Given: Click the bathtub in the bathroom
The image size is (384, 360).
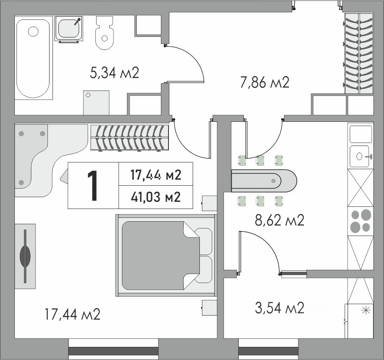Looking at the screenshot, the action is click(x=34, y=58).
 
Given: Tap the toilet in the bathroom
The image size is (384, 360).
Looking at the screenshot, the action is click(x=105, y=33).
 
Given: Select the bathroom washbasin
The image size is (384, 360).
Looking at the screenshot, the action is click(x=69, y=28).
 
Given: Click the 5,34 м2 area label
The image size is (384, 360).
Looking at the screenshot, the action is click(x=114, y=73).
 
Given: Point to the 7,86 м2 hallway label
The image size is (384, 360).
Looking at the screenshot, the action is click(x=265, y=82).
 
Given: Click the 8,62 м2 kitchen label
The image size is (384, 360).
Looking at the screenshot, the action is click(x=280, y=220).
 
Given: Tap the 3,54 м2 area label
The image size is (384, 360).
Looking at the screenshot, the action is click(x=280, y=308).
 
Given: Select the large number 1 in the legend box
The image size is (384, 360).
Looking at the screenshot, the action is click(x=93, y=186).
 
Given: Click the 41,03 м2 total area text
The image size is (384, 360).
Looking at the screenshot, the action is click(x=156, y=197).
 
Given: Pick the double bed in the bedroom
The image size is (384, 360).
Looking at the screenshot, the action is click(x=166, y=256).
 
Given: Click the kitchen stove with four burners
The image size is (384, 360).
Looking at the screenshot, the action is click(x=361, y=221).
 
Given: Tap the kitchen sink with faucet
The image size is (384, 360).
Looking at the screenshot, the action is click(x=361, y=157).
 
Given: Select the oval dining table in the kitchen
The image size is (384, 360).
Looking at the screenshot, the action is click(x=264, y=181).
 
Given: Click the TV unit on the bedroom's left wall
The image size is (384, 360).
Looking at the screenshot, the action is click(x=25, y=256).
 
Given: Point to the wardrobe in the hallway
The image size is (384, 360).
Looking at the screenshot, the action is click(x=359, y=53).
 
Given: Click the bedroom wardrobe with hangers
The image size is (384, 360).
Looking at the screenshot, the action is click(x=130, y=137).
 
